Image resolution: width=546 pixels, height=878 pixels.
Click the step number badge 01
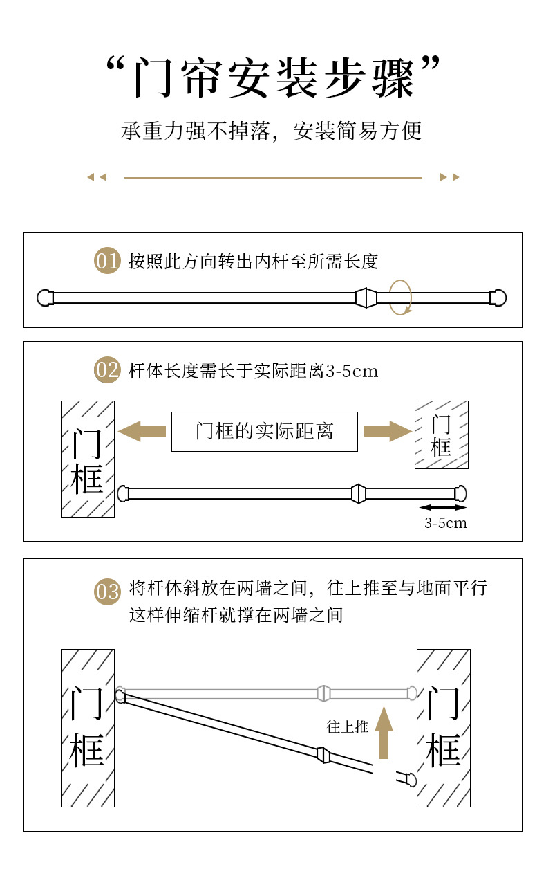tap(107, 261)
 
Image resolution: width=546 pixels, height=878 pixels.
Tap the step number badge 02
tap(107, 370)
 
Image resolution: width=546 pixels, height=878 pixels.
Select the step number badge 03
tap(107, 592)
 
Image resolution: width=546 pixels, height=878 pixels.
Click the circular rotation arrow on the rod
tap(399, 298)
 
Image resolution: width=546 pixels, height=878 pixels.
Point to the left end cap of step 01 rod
tap(45, 298)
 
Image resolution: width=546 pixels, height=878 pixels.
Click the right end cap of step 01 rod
tap(498, 298)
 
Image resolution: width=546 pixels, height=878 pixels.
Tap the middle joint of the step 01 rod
tap(365, 298)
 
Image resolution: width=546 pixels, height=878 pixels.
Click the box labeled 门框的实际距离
tap(264, 432)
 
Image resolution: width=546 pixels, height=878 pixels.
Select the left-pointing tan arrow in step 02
tap(142, 432)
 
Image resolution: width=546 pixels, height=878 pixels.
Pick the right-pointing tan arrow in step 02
tap(388, 432)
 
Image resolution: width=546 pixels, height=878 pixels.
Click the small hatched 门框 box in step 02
tap(441, 435)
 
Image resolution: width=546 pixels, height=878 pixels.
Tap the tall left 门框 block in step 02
tap(88, 459)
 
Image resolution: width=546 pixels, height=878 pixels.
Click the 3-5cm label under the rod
tap(445, 523)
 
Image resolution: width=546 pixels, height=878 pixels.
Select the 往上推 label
tap(347, 726)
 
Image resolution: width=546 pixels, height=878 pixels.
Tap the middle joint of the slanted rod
tap(323, 754)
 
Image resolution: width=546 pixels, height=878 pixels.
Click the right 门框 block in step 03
tap(443, 727)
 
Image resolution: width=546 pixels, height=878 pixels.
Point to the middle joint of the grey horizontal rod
tap(323, 693)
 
